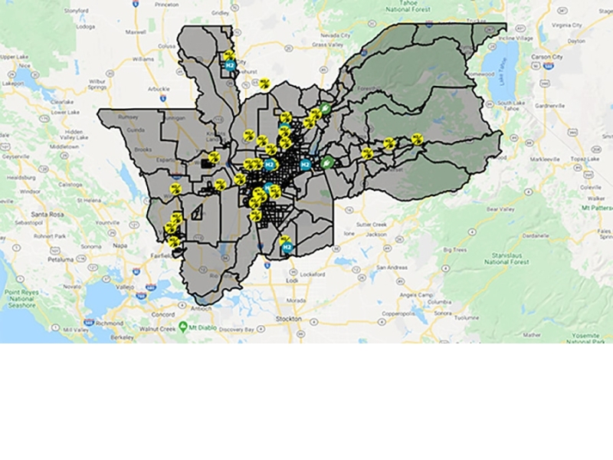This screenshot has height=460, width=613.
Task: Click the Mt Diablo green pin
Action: [x=183, y=327]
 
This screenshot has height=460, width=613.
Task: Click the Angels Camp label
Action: [x=417, y=295]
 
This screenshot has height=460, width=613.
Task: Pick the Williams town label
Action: [x=143, y=58]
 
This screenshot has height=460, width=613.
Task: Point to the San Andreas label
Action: [x=391, y=267]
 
